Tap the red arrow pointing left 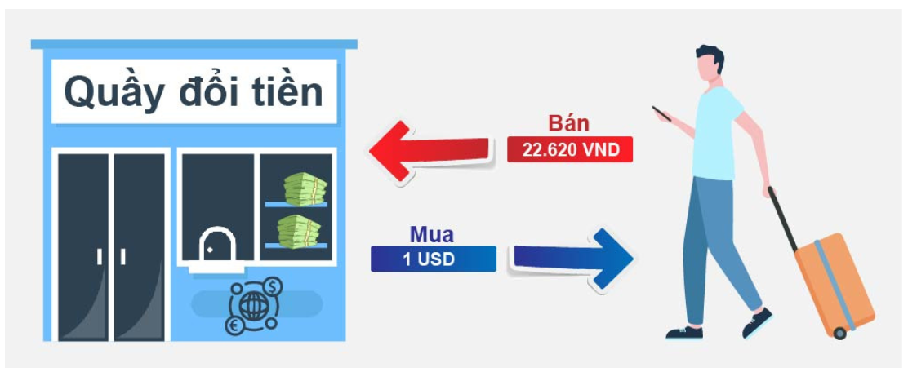[x=431, y=152]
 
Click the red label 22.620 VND [x=570, y=150]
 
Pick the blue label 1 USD [x=434, y=259]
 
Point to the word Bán [x=570, y=124]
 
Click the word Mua [x=432, y=234]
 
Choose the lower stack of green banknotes [x=299, y=231]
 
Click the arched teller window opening [x=217, y=244]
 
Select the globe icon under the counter [x=251, y=306]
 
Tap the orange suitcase [x=834, y=283]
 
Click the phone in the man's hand [x=661, y=113]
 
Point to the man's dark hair [x=711, y=56]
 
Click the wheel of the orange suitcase [x=839, y=333]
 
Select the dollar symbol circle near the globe [x=273, y=286]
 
